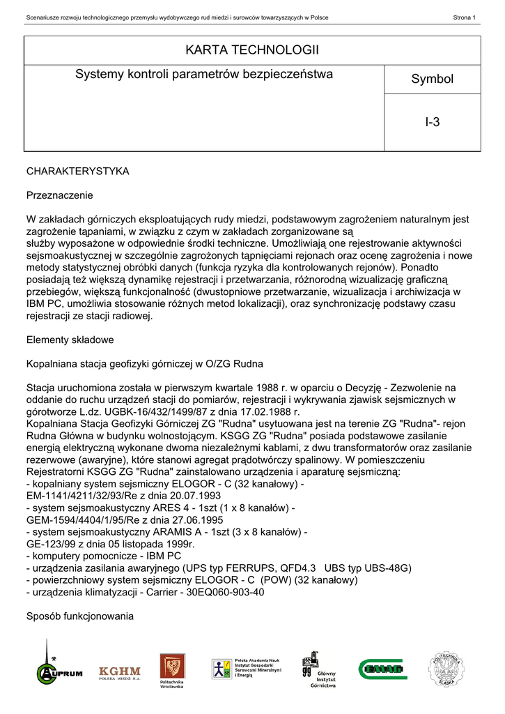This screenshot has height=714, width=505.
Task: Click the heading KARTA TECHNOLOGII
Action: tap(252, 50)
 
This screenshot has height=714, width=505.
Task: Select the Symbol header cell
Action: tap(432, 79)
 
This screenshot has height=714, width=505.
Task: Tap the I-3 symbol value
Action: tap(432, 123)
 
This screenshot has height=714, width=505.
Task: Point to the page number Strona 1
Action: tap(464, 17)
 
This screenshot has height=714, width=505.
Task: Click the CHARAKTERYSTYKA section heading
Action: tap(77, 172)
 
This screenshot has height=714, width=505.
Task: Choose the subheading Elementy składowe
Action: tap(70, 340)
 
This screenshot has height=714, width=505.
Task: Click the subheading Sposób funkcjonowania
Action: tap(79, 616)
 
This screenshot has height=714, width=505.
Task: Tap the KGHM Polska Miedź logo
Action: tap(119, 672)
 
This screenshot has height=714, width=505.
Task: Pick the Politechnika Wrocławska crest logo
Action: tap(171, 670)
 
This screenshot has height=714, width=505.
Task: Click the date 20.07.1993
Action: tap(188, 496)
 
